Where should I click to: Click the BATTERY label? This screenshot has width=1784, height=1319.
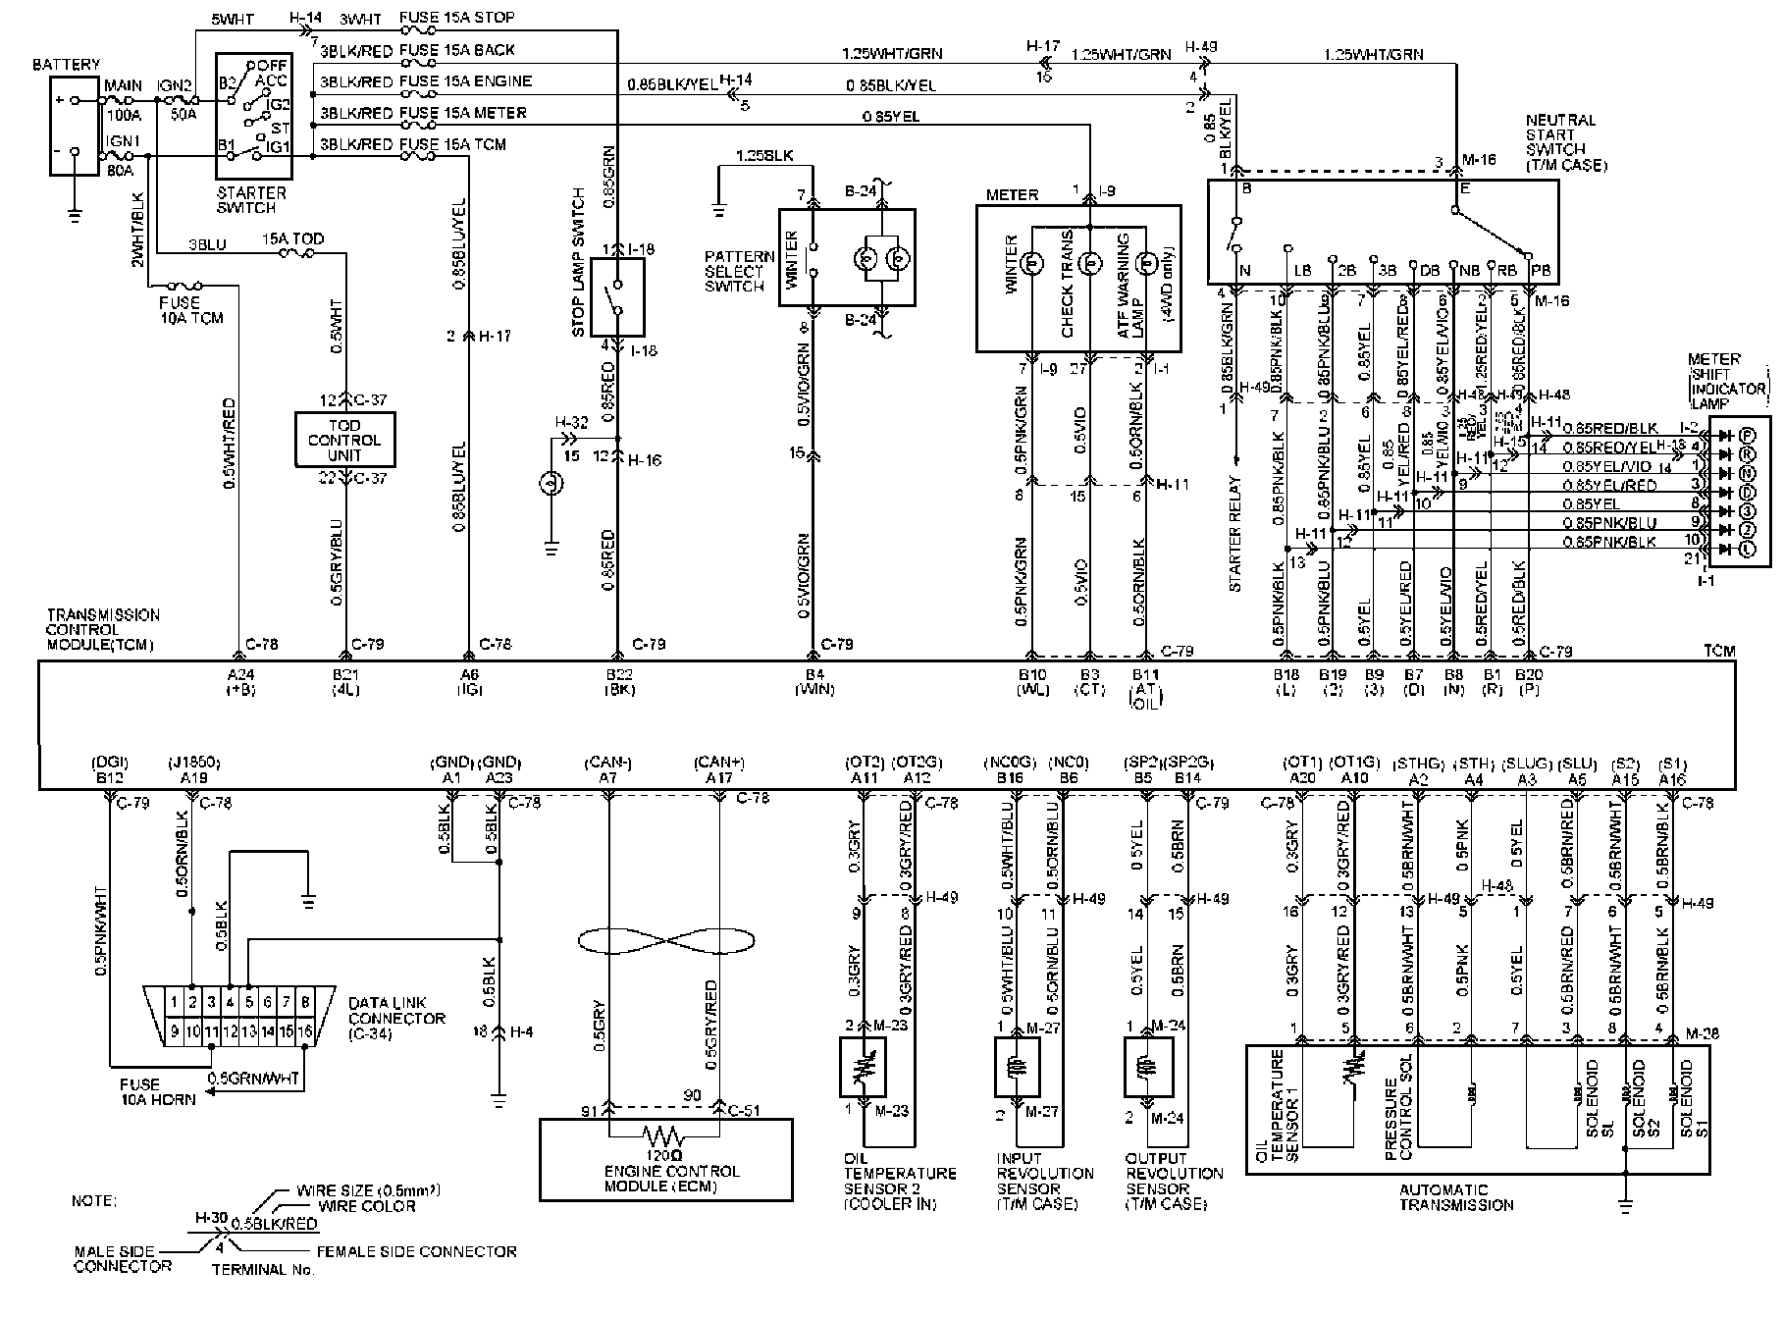click(x=66, y=64)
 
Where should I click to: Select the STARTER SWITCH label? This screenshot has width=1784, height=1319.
click(x=251, y=200)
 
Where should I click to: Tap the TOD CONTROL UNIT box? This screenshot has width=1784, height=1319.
click(x=345, y=441)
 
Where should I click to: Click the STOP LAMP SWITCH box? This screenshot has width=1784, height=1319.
click(x=617, y=298)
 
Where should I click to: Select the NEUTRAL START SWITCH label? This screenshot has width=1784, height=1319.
click(x=1564, y=142)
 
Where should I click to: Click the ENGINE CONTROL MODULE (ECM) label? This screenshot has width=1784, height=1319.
click(x=666, y=1179)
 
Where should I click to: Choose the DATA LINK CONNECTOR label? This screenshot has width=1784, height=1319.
click(x=396, y=1018)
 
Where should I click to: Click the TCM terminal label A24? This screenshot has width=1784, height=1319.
click(x=239, y=674)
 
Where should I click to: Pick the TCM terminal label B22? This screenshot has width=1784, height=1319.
click(x=618, y=674)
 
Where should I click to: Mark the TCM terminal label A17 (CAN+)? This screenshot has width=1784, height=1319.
click(x=720, y=777)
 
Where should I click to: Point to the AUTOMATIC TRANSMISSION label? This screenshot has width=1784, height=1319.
click(x=1456, y=1197)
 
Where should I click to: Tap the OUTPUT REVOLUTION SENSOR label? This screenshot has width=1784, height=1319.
click(x=1174, y=1181)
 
